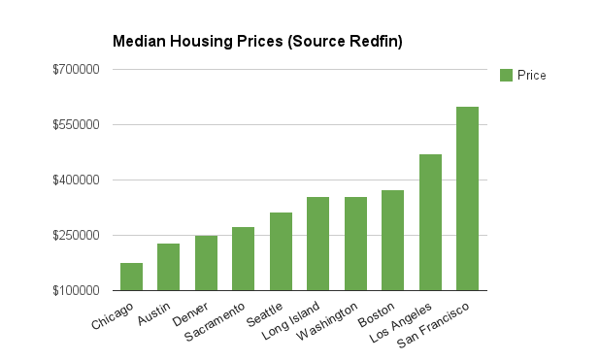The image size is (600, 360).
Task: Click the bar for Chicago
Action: click(131, 277)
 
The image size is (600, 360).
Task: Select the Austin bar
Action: click(169, 267)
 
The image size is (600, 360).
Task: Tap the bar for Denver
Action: click(206, 263)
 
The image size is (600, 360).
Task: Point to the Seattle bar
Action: click(281, 251)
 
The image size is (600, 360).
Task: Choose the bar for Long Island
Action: click(317, 244)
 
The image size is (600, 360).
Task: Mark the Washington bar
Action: click(355, 244)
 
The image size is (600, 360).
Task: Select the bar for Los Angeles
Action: click(430, 222)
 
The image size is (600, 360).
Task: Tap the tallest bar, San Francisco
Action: click(467, 198)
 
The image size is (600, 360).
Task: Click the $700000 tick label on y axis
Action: click(77, 70)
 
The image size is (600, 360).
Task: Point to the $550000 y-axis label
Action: click(77, 125)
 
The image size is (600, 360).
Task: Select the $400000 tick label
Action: click(77, 180)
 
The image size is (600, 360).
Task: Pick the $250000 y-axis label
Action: click(77, 236)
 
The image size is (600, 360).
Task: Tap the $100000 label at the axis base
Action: click(77, 290)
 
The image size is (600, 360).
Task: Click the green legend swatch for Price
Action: click(505, 75)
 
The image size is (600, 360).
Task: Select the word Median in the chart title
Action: click(137, 42)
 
